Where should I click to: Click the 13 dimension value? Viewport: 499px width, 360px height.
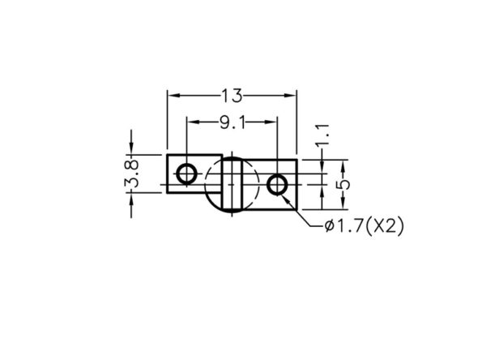[x=232, y=96]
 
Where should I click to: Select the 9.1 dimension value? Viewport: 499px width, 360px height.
[x=233, y=122]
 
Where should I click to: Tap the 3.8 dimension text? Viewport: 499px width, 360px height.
[x=131, y=174]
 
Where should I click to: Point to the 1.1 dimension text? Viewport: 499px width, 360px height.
[x=322, y=135]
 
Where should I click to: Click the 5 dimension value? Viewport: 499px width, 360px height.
[x=343, y=185]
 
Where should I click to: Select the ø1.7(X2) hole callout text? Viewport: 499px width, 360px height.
[x=364, y=226]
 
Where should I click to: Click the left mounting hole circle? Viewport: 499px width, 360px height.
[x=186, y=174]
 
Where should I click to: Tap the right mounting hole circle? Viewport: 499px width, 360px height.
[x=277, y=185]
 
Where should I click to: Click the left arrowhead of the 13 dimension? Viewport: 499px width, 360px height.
[x=174, y=95]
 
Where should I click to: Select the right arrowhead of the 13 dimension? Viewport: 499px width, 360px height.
[x=290, y=95]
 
